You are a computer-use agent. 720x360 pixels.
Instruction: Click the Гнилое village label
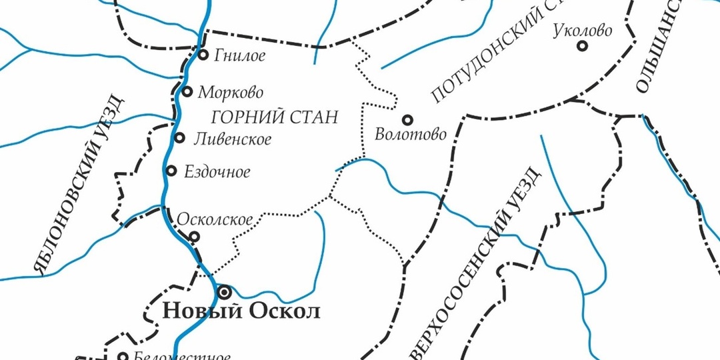coord(239,56)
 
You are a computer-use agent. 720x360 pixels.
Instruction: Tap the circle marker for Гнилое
coord(203,55)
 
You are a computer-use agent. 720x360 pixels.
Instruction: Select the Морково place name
coord(230,92)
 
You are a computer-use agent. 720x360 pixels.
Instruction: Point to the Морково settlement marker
coord(187,91)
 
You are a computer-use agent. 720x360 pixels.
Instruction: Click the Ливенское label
coord(231,139)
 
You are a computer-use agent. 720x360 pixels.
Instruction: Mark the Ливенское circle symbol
coord(179,138)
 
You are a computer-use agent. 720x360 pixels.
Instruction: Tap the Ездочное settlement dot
coord(171,171)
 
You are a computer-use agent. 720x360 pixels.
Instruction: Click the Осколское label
coord(214,219)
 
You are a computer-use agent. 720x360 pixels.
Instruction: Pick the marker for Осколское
coord(195,236)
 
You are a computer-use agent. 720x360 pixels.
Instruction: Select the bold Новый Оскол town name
coord(241,311)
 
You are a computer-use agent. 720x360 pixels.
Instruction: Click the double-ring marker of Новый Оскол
coord(224,291)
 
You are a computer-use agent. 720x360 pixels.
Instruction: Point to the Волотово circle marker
coord(407,120)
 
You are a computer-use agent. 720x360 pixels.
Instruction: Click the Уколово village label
coord(581,31)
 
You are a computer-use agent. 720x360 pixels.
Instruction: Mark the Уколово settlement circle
coord(582,46)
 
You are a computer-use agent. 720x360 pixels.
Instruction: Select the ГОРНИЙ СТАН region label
coord(274,117)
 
